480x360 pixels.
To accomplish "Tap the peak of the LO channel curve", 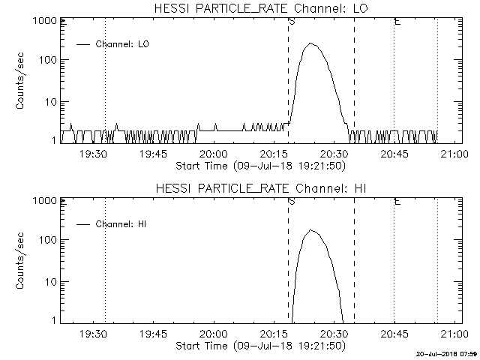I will [x=310, y=43].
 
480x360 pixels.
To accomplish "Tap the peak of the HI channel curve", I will [x=311, y=230].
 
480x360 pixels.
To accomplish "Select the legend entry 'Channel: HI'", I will [x=121, y=224].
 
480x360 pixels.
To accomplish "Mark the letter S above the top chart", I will [x=290, y=21].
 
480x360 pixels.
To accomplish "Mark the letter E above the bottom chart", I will [x=397, y=201].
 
